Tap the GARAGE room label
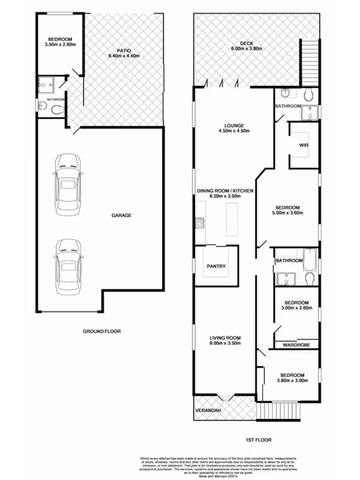(121, 215)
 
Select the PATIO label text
(124, 51)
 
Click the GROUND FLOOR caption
(100, 331)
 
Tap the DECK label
(245, 44)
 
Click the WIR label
(304, 145)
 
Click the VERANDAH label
(208, 410)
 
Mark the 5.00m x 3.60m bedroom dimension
(288, 213)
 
